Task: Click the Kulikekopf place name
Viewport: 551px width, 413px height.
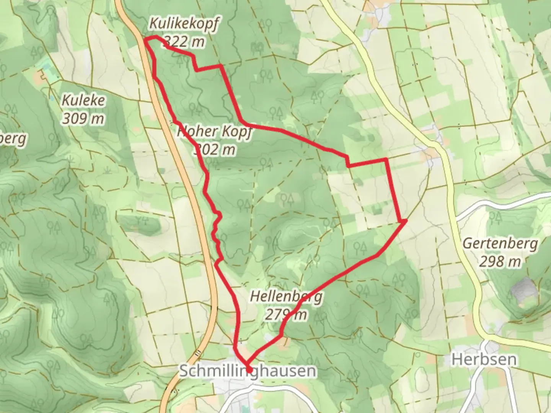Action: [x=184, y=24]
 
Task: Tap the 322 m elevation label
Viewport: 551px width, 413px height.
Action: [x=184, y=41]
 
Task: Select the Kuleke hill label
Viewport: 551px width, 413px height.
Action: [x=83, y=101]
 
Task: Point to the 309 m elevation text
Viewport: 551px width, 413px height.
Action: [x=83, y=119]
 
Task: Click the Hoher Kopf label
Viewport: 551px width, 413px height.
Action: [x=214, y=132]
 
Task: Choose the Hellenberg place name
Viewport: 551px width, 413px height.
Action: [x=286, y=297]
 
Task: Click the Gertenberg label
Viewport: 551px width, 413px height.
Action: [x=500, y=244]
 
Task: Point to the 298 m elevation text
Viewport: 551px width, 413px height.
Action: [x=500, y=262]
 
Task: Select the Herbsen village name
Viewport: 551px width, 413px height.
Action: [x=484, y=359]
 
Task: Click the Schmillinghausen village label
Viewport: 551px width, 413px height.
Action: [x=248, y=371]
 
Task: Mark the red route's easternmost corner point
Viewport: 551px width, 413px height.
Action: [x=404, y=221]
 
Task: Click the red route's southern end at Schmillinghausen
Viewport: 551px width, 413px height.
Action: [x=249, y=369]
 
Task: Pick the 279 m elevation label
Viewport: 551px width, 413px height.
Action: [x=286, y=315]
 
